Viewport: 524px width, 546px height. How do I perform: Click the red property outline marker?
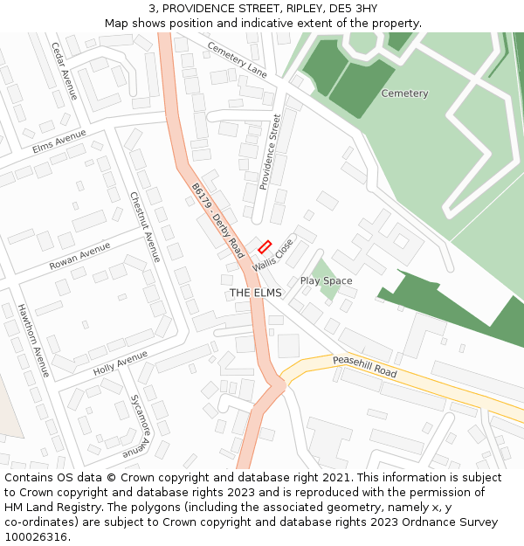[265, 247]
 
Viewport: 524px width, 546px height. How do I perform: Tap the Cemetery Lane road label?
[238, 59]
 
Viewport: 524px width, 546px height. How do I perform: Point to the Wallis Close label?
[273, 253]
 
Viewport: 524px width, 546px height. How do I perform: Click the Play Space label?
[326, 280]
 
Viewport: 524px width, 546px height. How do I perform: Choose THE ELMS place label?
[255, 293]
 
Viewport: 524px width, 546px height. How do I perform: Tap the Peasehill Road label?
[364, 366]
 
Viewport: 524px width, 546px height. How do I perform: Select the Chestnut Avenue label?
[145, 227]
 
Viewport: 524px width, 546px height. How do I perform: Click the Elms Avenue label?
[59, 142]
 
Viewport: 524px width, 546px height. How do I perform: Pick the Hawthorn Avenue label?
[33, 341]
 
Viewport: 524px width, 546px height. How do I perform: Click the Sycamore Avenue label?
[142, 425]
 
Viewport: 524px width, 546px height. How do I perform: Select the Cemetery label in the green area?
[404, 93]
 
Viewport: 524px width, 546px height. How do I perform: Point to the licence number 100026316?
[36, 536]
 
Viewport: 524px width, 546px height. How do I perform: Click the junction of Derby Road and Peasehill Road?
[278, 382]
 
